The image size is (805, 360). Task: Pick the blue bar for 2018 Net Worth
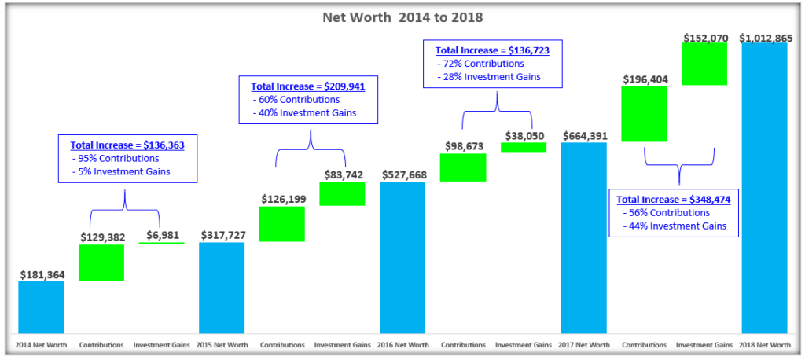(764, 189)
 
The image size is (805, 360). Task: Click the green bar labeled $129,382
(101, 263)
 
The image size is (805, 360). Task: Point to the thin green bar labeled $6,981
(161, 244)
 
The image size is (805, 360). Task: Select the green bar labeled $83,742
(342, 194)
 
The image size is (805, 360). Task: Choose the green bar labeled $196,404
(644, 113)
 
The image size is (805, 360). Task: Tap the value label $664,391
(583, 135)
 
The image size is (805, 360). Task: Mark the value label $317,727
(222, 235)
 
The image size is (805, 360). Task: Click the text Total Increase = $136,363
(123, 145)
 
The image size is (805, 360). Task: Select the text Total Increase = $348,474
(674, 200)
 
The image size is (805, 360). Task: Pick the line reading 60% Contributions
(296, 100)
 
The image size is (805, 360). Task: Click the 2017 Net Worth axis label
(583, 345)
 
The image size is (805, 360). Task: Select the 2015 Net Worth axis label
(222, 345)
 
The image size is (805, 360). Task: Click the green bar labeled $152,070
(704, 64)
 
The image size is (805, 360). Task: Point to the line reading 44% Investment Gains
(675, 226)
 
